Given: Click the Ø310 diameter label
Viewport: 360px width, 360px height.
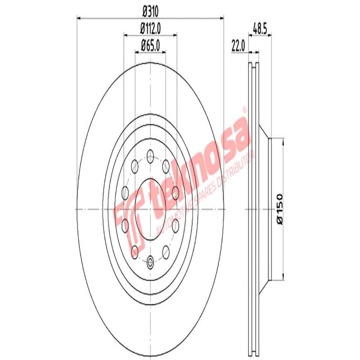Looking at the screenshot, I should (x=151, y=10).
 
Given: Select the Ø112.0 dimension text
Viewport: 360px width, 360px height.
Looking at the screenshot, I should (x=151, y=27).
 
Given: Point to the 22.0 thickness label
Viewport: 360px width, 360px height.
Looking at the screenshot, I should (x=238, y=45).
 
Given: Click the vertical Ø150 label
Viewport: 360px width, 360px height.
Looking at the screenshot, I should (x=279, y=207).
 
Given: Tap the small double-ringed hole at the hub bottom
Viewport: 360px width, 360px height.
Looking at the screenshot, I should (x=150, y=260).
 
